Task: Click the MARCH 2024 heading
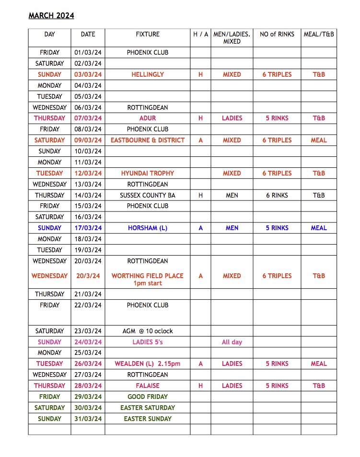(x=51, y=16)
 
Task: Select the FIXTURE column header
(x=148, y=35)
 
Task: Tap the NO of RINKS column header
(x=277, y=35)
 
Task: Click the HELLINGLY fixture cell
(x=148, y=74)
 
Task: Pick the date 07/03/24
(x=88, y=118)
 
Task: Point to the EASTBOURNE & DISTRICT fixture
(x=148, y=140)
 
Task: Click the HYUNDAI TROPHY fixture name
(x=148, y=173)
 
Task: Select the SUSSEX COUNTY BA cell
(x=148, y=195)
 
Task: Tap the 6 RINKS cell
(x=277, y=195)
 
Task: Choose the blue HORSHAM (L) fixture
(x=148, y=228)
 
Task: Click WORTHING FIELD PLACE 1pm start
(x=148, y=279)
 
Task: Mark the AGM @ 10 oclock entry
(x=148, y=331)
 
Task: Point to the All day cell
(x=232, y=342)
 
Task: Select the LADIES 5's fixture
(x=148, y=342)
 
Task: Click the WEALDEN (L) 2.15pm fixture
(x=148, y=363)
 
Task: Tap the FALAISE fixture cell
(x=148, y=386)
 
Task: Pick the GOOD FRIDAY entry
(x=148, y=397)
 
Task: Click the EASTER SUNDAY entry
(x=148, y=419)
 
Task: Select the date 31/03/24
(x=88, y=419)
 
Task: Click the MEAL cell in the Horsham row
(x=319, y=228)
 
